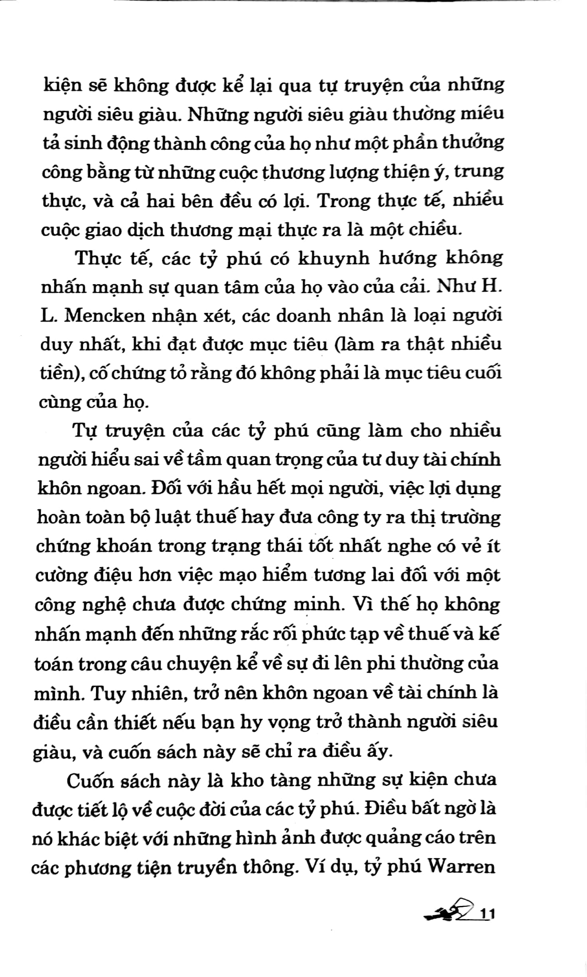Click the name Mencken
pos(103,316)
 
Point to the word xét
pos(217,316)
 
